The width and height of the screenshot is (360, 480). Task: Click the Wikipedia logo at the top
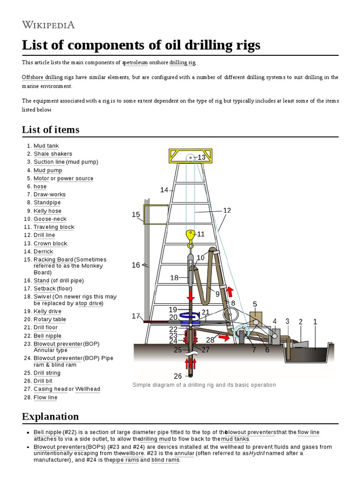tap(48, 25)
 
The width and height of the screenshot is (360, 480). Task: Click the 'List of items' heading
tap(51, 130)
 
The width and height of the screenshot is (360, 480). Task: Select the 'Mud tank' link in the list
tap(46, 146)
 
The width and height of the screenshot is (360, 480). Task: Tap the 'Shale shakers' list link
tap(52, 154)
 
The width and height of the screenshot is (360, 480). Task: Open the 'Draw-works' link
tap(49, 195)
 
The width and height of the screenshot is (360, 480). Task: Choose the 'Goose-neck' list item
tap(50, 219)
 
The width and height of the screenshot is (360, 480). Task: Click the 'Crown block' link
tap(50, 243)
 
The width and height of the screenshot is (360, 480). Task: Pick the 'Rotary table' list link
tap(50, 319)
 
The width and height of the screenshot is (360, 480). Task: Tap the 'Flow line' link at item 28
tap(45, 397)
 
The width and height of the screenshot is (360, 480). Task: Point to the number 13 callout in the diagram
tap(202, 157)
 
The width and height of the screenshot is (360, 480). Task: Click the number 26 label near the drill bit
tap(178, 376)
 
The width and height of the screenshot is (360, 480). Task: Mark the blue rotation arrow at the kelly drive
tap(190, 315)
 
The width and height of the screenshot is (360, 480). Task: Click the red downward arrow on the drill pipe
tap(191, 296)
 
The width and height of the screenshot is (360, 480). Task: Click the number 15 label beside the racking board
tap(136, 215)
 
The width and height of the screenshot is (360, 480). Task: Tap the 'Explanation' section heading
tap(50, 416)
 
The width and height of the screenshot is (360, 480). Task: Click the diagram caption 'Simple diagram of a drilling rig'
tap(204, 385)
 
